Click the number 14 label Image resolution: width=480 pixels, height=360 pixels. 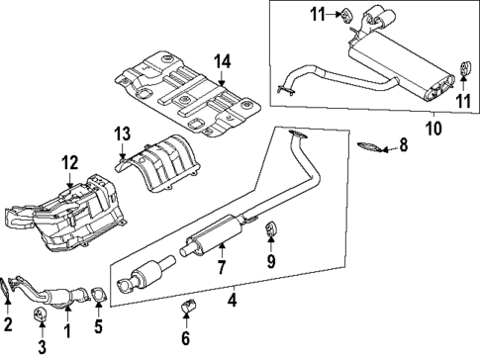point(223,61)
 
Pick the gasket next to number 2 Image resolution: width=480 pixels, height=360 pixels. point(9,288)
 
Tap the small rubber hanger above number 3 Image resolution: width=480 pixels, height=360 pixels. point(42,316)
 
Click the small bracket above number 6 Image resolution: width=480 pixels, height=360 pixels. point(185,316)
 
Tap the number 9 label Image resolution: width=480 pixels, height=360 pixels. point(270,262)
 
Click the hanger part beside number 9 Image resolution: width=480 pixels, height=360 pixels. point(270,231)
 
